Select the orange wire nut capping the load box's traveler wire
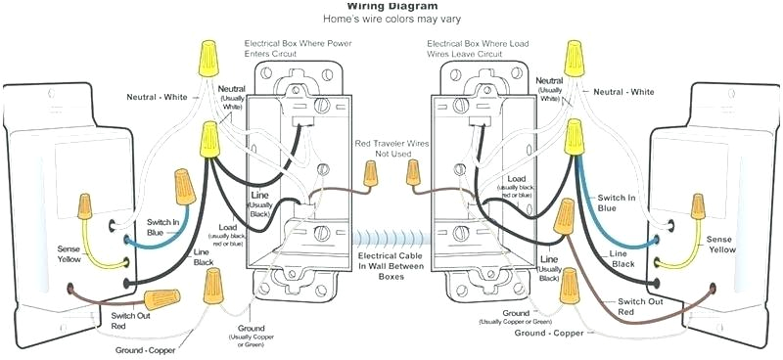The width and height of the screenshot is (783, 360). click(x=413, y=176)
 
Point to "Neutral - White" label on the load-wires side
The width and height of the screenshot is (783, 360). click(x=617, y=92)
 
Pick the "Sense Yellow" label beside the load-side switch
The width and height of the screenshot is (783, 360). click(x=721, y=244)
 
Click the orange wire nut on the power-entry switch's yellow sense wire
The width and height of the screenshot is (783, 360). click(x=85, y=204)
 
